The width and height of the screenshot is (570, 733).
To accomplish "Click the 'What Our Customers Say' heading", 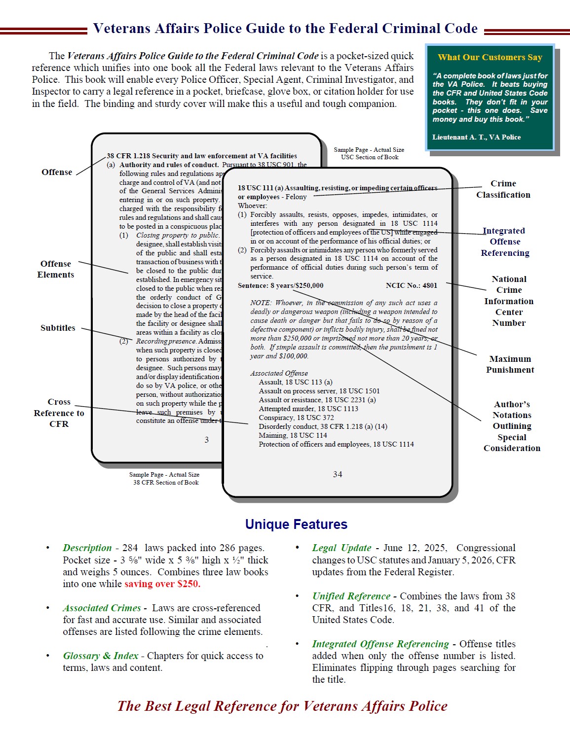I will (x=490, y=57).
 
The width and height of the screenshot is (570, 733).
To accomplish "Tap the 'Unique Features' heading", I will (x=296, y=524).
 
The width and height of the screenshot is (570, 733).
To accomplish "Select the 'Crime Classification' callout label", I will (x=503, y=189).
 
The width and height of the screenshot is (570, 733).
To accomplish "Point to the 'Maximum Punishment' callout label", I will (x=510, y=364).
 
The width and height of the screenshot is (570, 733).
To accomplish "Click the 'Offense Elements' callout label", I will (x=56, y=269).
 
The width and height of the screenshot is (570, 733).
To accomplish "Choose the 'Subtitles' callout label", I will (x=58, y=328).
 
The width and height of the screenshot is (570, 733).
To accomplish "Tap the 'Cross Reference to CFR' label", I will (x=59, y=413).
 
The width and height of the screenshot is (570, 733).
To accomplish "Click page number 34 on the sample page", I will (x=338, y=474).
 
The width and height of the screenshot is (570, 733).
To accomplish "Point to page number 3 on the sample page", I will (x=207, y=440).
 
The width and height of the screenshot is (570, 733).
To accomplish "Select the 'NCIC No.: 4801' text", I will (x=411, y=285).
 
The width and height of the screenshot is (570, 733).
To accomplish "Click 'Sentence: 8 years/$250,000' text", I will (x=280, y=285).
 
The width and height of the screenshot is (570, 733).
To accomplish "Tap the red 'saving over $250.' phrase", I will (x=162, y=584).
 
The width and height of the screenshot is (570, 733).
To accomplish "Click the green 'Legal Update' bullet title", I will (x=342, y=548).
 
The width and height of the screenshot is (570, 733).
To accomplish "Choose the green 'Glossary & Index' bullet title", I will (x=101, y=656).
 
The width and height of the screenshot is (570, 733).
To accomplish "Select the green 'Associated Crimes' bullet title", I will (x=102, y=608).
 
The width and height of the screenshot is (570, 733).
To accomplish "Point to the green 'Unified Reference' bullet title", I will (x=351, y=596).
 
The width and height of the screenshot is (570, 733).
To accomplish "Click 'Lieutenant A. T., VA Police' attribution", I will (x=476, y=137).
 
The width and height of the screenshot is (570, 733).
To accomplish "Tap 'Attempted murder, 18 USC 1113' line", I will (x=308, y=409).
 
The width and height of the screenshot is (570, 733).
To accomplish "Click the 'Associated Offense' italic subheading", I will (x=279, y=373).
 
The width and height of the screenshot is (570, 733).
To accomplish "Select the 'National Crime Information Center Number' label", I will (x=509, y=301).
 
